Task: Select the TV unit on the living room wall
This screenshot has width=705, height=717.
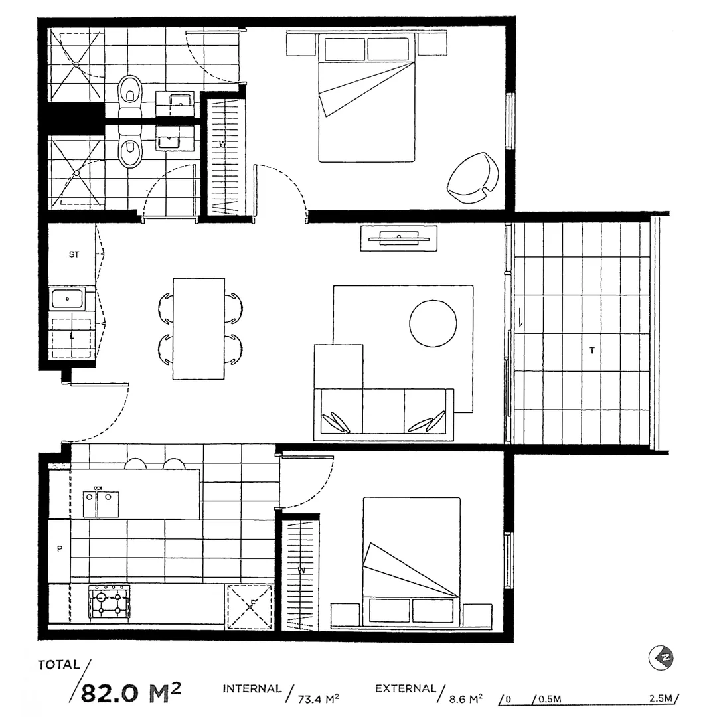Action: point(398,238)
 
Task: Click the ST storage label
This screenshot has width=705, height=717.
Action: point(74,254)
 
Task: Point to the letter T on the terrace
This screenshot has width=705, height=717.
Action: point(591,350)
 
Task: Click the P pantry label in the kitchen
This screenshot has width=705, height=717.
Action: point(60,549)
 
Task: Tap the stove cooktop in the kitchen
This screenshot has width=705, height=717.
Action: point(110,603)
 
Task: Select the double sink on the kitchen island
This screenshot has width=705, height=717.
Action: point(100,503)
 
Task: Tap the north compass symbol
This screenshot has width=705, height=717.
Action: point(661,658)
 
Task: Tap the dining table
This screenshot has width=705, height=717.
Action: point(198,329)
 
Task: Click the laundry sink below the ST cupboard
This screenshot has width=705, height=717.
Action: point(68,299)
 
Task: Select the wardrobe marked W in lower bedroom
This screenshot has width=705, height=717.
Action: point(301,574)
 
